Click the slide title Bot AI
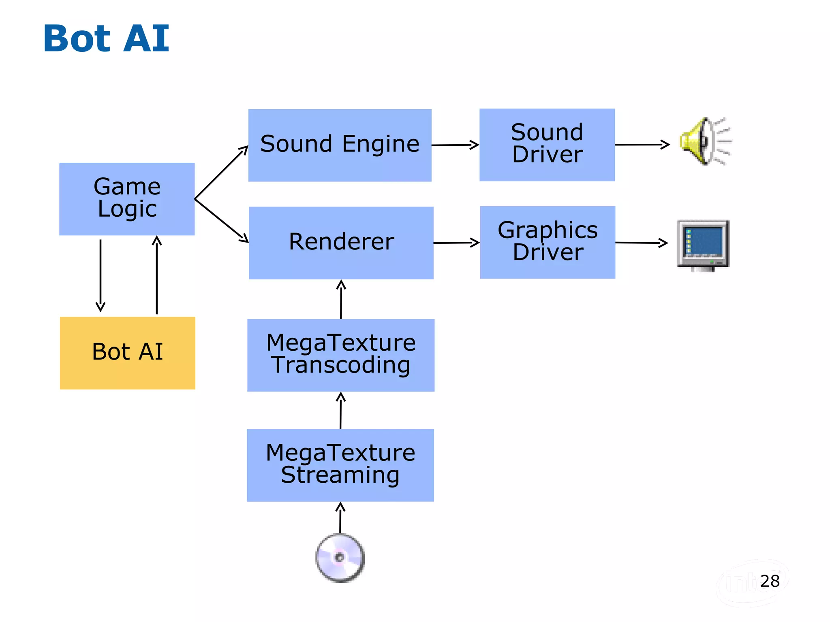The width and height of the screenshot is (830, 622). (x=106, y=38)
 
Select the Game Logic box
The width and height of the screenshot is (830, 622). (x=127, y=199)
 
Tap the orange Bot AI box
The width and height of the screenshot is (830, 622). (x=127, y=353)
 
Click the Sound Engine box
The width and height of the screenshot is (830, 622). (x=340, y=145)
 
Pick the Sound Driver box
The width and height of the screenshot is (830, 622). (x=547, y=145)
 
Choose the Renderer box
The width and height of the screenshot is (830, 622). (x=341, y=243)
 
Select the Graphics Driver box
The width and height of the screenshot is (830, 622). (x=547, y=242)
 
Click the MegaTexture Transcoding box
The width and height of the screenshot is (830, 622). (x=340, y=355)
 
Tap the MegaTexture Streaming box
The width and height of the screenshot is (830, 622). (x=340, y=465)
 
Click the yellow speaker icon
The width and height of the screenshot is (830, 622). (x=704, y=141)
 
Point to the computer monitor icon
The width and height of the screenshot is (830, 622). (x=703, y=245)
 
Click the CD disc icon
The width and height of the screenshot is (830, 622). (x=340, y=558)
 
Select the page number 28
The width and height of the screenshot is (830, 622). (x=770, y=581)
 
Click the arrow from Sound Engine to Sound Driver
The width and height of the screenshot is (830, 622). (x=455, y=145)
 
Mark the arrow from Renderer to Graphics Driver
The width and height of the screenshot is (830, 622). (x=456, y=243)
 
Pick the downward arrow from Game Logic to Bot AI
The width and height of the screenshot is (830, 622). (x=101, y=275)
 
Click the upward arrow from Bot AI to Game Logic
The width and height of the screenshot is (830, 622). (x=157, y=275)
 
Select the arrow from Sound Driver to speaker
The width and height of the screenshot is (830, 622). (x=642, y=144)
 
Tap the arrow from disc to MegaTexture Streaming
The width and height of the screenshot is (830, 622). (x=340, y=518)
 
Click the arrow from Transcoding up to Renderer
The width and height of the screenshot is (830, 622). (x=341, y=299)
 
